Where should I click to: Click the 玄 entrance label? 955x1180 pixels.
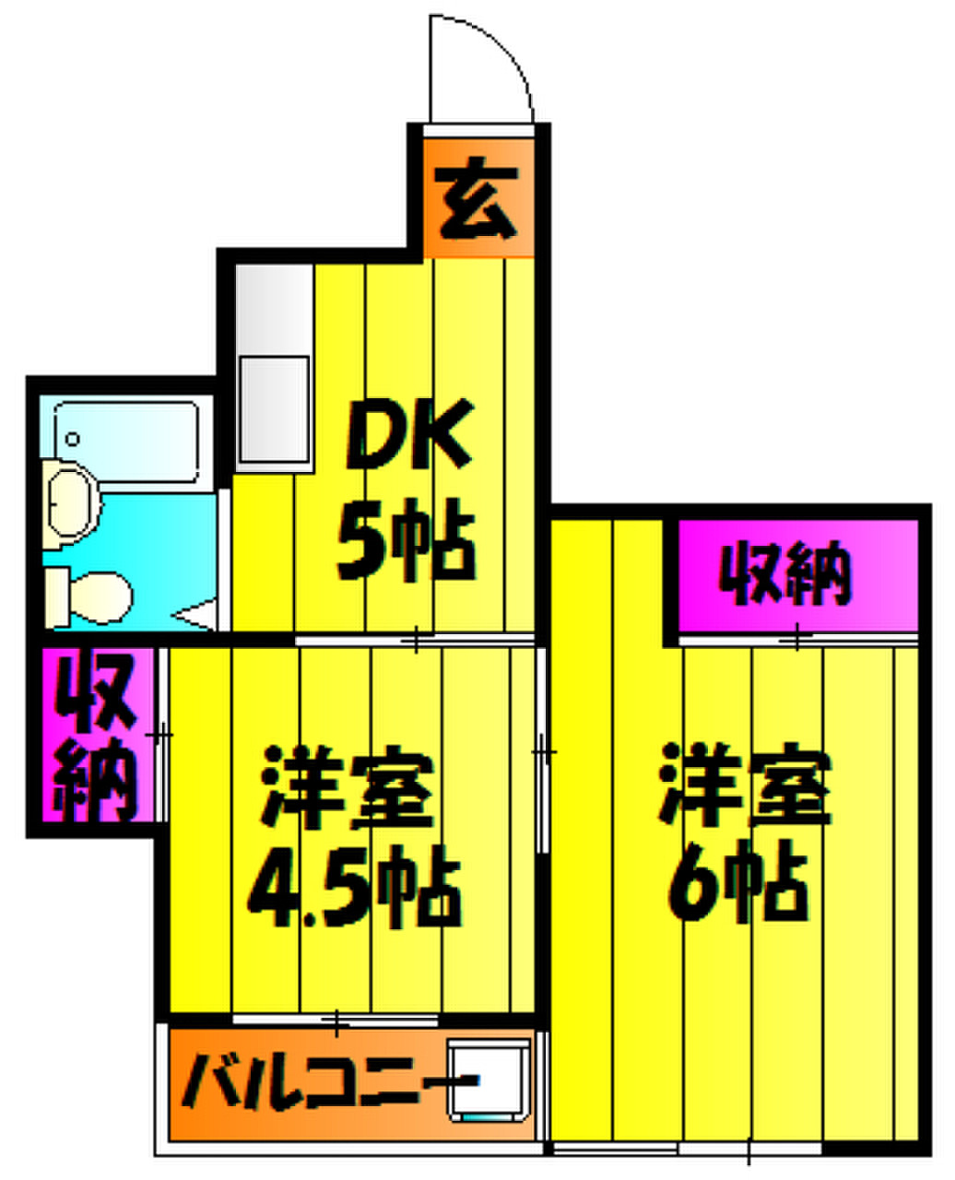pyautogui.click(x=476, y=198)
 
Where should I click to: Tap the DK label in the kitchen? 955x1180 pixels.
pyautogui.click(x=408, y=434)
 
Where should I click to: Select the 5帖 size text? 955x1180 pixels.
pyautogui.click(x=406, y=538)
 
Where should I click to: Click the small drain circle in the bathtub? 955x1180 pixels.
pyautogui.click(x=73, y=440)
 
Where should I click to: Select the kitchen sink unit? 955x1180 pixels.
pyautogui.click(x=274, y=368)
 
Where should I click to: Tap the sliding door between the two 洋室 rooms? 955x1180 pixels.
pyautogui.click(x=542, y=752)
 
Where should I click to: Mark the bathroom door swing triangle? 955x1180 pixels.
pyautogui.click(x=194, y=615)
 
